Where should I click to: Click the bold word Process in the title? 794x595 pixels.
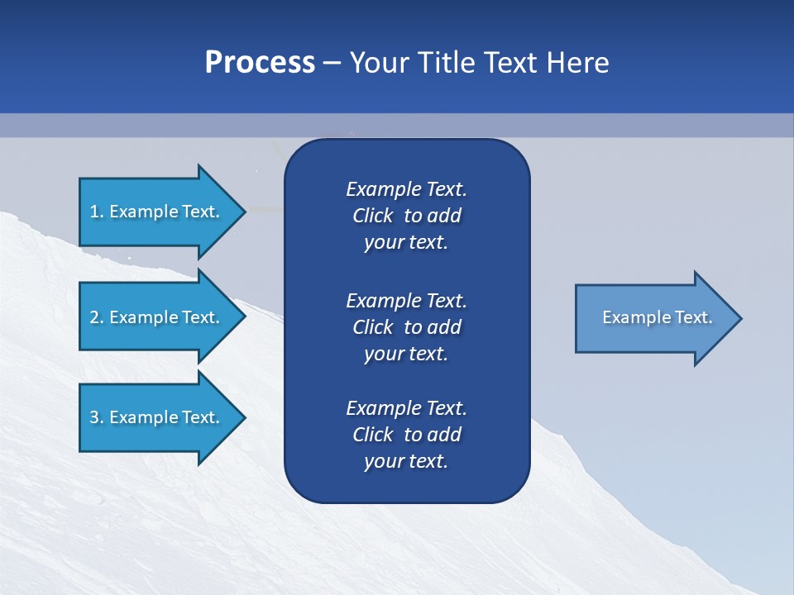click(260, 63)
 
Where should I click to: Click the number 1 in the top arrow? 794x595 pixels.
click(94, 212)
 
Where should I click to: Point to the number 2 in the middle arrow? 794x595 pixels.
click(94, 317)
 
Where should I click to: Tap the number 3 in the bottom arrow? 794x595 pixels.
click(94, 417)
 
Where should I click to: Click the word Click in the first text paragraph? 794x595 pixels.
click(372, 216)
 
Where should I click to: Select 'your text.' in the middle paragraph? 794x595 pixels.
click(406, 354)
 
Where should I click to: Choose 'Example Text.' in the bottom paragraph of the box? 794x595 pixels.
click(406, 408)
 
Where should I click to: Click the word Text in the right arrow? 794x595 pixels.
click(693, 317)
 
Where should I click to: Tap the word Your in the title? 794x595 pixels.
click(380, 63)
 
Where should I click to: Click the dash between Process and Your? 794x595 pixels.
click(332, 63)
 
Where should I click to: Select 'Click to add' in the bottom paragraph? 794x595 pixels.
click(406, 435)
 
